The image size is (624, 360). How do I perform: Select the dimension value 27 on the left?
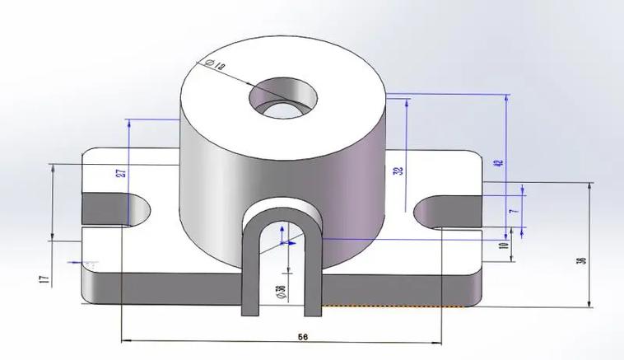(120, 173)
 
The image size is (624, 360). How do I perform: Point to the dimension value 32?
(399, 171)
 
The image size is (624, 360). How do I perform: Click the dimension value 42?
(496, 162)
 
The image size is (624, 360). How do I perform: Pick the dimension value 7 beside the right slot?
(514, 212)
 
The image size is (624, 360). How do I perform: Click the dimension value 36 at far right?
(582, 260)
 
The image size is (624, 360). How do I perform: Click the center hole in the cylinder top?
(283, 96)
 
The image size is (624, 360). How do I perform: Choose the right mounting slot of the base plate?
(445, 213)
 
